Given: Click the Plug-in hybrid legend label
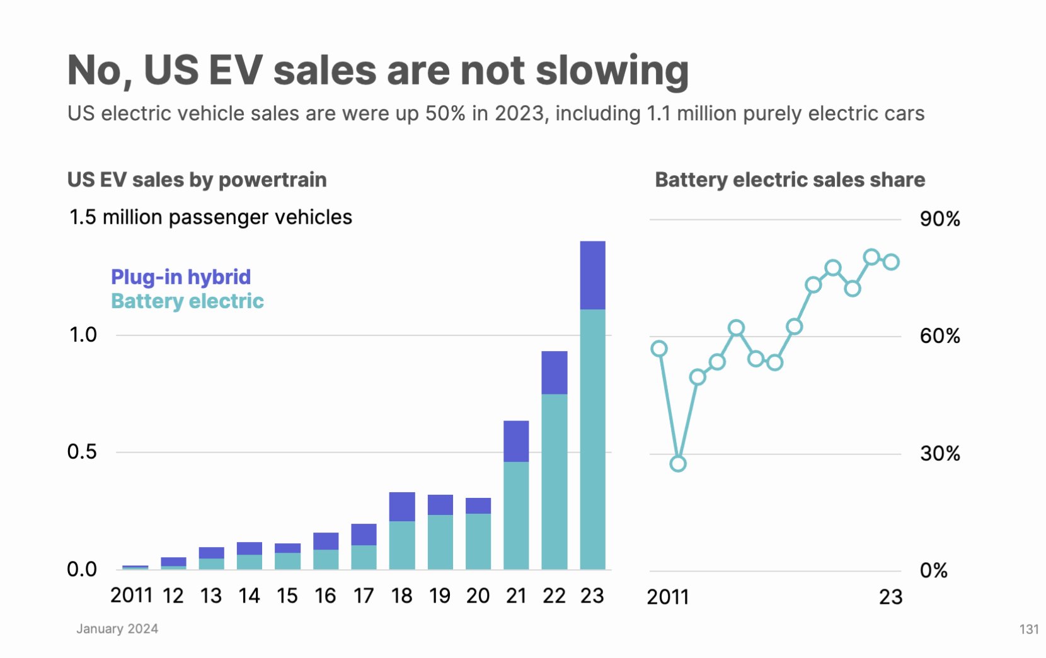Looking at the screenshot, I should [x=181, y=277].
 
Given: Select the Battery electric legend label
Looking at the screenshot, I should [x=187, y=301].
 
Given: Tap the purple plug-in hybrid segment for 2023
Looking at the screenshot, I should [x=592, y=275].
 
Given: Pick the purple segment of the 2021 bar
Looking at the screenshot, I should [x=516, y=441].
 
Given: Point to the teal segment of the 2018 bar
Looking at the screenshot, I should [x=402, y=545].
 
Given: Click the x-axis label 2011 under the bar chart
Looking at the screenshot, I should [x=131, y=596].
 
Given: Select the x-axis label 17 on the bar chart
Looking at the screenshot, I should [x=364, y=596].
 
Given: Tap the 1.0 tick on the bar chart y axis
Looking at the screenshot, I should [x=83, y=335].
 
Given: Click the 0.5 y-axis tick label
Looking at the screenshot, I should [x=82, y=452].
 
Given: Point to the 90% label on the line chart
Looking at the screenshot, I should [x=940, y=219].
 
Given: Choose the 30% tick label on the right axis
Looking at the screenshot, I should [x=940, y=453].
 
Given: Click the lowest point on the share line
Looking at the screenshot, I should [x=678, y=464].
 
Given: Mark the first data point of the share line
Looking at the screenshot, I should [x=659, y=349].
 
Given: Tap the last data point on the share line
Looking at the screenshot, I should [x=891, y=262].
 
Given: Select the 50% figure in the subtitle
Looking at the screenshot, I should [x=445, y=113].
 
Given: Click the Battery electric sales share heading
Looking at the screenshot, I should [x=790, y=180].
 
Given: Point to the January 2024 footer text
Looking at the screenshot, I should [x=117, y=628].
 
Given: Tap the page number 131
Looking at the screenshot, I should [x=1028, y=629].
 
